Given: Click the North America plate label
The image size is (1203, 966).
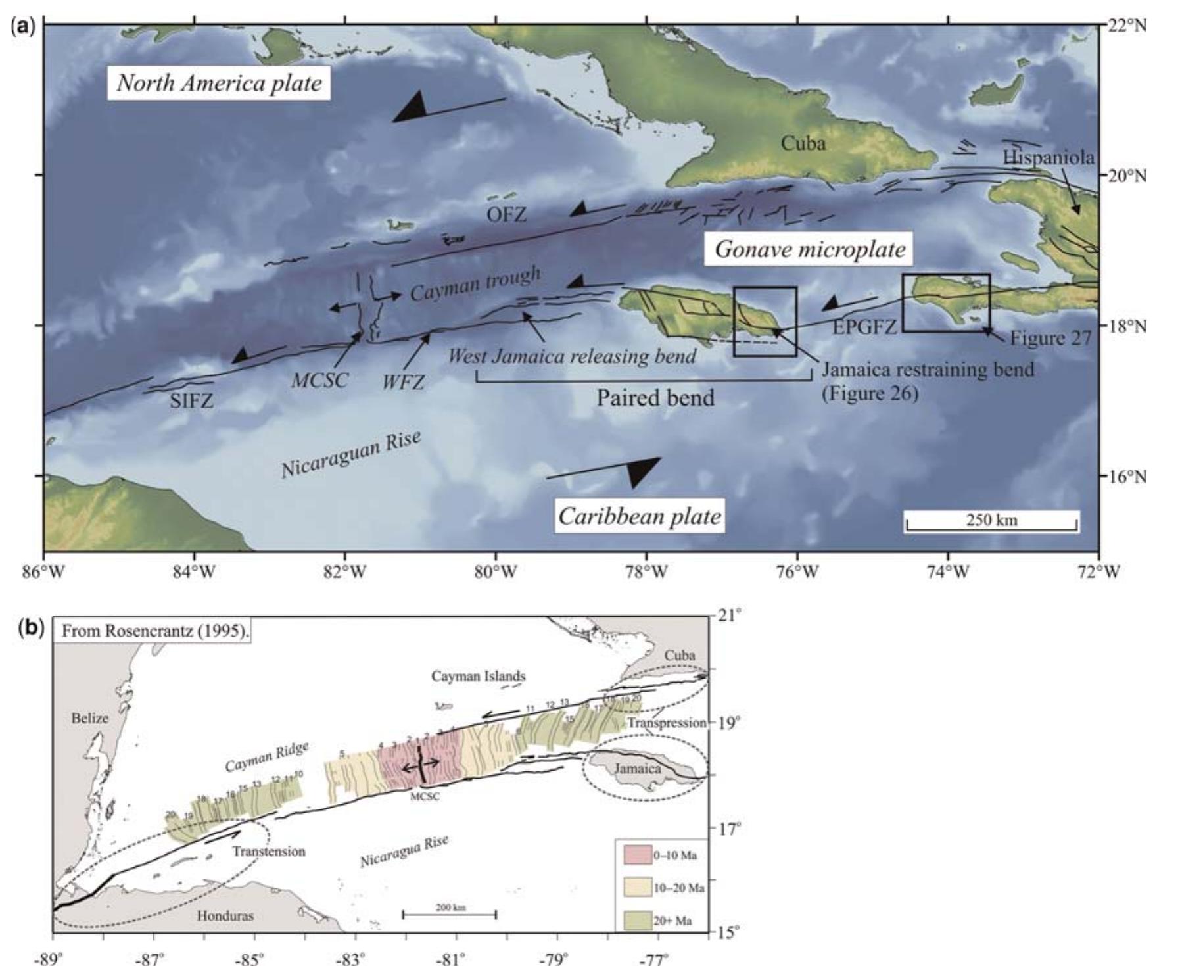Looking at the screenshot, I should click(220, 84).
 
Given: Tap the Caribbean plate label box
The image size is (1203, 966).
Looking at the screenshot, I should click(640, 516).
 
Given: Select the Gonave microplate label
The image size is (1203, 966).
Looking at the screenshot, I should click(810, 249).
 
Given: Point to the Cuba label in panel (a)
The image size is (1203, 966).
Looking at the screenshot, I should click(803, 143).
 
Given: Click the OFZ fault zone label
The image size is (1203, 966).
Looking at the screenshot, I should click(506, 214).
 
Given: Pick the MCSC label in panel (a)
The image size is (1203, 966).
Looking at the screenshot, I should click(319, 380).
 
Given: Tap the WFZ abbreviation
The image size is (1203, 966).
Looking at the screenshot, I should click(404, 381).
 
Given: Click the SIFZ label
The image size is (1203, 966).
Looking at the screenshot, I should click(191, 400).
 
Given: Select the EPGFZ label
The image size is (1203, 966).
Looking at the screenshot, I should click(865, 326).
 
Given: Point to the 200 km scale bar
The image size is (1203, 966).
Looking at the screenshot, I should click(450, 913).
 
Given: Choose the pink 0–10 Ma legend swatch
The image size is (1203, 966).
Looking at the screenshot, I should click(637, 855).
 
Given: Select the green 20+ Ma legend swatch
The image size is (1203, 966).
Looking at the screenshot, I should click(637, 921).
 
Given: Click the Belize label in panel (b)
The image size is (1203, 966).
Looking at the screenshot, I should click(89, 718).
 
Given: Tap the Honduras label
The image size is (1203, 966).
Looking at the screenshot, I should click(225, 915).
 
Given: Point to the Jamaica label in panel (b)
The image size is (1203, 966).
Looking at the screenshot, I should click(637, 768).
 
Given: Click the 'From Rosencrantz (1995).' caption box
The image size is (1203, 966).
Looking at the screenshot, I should click(155, 631).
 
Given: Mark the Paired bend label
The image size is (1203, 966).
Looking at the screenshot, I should click(655, 398).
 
